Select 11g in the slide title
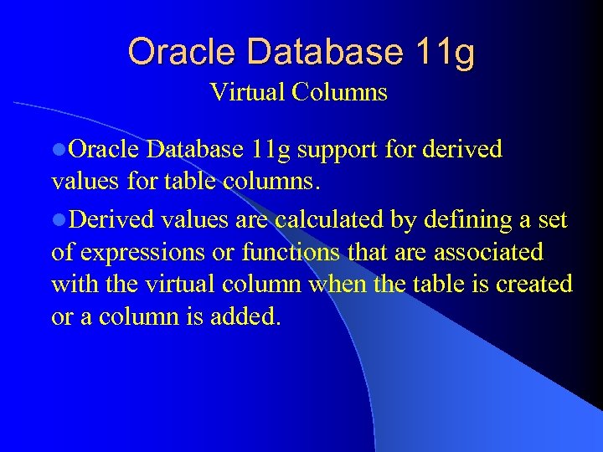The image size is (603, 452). pyautogui.click(x=445, y=52)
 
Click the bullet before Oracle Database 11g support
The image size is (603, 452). pyautogui.click(x=59, y=151)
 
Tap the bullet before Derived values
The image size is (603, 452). pyautogui.click(x=59, y=220)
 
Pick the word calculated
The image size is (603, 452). pyautogui.click(x=329, y=220)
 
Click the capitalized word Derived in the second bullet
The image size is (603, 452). pyautogui.click(x=111, y=220)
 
